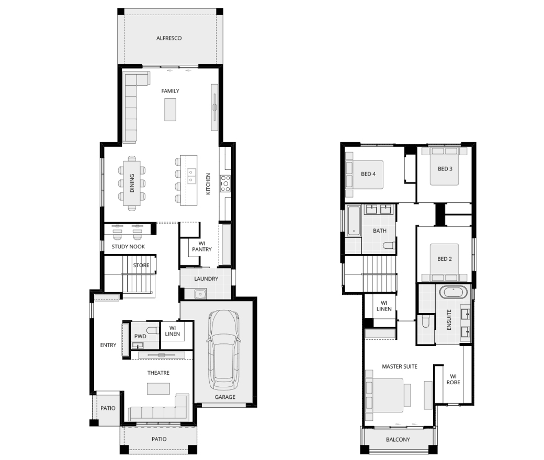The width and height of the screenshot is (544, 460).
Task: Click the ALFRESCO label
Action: coord(169,38)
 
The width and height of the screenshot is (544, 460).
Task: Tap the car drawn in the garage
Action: coord(223,350)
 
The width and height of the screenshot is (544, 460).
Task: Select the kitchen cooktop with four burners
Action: coord(225,183)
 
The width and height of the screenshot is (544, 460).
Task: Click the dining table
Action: coord(132,182)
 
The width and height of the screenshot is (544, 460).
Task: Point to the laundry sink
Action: coord(200,294)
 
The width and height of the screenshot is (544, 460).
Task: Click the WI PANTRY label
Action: coord(202,246)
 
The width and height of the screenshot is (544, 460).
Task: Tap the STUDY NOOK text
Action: coord(128,246)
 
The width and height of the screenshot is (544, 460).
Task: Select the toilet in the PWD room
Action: coord(152,329)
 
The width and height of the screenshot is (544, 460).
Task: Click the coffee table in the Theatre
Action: coord(158,388)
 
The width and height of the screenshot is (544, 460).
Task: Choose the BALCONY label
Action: coord(398,440)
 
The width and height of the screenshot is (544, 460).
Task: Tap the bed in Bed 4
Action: coord(364,175)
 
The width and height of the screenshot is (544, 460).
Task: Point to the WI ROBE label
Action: coord(454,379)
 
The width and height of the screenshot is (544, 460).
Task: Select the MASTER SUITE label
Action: coord(400,366)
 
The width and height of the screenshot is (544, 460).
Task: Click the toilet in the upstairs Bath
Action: coord(389,246)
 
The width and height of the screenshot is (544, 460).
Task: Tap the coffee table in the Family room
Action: coord(170,110)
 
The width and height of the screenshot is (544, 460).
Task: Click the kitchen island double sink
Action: coord(192,176)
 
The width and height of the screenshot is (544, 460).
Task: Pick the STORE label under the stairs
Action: coord(141,265)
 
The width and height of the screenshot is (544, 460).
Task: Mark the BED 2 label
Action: coord(445,259)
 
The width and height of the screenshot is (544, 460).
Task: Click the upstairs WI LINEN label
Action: coord(384,306)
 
